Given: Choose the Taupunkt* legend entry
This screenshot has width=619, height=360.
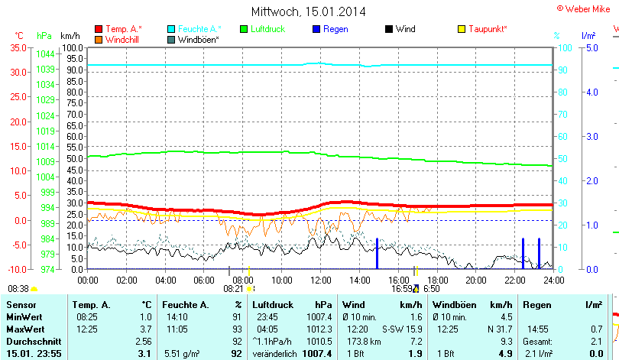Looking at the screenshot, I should pos(488,29).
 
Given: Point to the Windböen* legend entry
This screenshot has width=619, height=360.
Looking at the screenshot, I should pos(197,39).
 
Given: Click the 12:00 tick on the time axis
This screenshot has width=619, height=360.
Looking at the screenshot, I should pos(321,280).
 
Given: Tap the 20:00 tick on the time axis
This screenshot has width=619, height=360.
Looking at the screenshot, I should pos(476,280).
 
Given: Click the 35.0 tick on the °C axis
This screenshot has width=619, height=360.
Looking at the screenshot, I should pos(18,47).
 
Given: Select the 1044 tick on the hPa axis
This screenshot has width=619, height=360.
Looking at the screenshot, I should pos(45,54).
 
